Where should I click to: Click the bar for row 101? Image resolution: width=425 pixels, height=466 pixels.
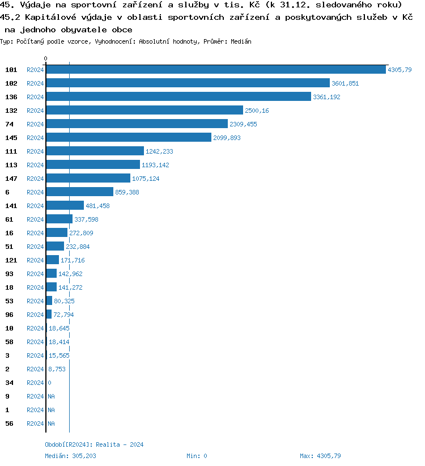click(x=215, y=70)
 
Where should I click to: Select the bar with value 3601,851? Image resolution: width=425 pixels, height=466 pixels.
click(x=188, y=83)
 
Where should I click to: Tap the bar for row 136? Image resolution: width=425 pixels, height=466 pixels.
click(x=178, y=97)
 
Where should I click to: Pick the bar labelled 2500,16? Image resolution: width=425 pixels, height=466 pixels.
click(x=144, y=111)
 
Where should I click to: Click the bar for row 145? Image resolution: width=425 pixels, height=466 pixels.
click(x=129, y=138)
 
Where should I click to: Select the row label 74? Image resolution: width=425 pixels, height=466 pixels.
click(x=9, y=124)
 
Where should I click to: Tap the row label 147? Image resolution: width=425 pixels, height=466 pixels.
click(x=11, y=179)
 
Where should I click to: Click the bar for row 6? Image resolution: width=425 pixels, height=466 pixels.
click(x=80, y=192)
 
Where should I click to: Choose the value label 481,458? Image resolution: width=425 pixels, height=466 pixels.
click(x=97, y=206)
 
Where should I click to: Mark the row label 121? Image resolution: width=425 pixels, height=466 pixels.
click(x=11, y=260)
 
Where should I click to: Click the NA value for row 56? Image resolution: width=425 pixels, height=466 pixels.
click(x=51, y=423)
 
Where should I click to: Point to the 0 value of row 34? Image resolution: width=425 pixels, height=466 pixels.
click(x=49, y=383)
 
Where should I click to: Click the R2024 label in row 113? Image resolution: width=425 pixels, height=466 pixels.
click(x=35, y=165)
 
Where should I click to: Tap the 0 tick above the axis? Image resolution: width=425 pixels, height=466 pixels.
click(x=46, y=58)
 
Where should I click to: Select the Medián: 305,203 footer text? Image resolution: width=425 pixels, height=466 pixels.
click(x=70, y=456)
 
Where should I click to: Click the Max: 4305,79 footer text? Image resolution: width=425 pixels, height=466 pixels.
click(x=320, y=456)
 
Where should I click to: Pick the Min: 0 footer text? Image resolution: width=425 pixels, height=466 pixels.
click(x=197, y=456)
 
